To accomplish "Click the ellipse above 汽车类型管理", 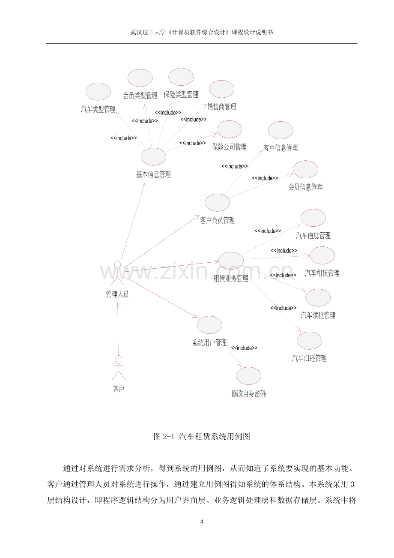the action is (x=98, y=92).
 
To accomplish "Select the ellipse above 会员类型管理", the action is (x=140, y=78).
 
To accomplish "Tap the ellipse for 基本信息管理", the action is (x=153, y=157).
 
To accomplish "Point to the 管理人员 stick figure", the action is (x=117, y=273).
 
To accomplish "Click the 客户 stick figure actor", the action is (x=119, y=367).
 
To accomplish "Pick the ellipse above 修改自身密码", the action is (x=248, y=376).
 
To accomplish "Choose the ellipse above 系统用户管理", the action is (x=209, y=325).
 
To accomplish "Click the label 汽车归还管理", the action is (x=309, y=358).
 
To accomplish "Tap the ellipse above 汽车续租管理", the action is (x=318, y=298).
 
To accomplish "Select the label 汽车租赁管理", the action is (x=322, y=273).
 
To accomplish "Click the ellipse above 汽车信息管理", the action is (x=313, y=218).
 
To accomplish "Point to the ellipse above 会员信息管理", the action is (x=305, y=169).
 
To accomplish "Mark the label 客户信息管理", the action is (x=281, y=148).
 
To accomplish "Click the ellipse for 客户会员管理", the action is (x=217, y=203).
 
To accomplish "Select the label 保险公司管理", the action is (x=229, y=147).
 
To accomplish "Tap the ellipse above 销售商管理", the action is (x=221, y=89).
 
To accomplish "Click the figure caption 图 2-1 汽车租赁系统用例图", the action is (x=202, y=436).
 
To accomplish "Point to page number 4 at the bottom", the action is (x=202, y=522).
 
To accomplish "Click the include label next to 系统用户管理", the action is (x=244, y=348).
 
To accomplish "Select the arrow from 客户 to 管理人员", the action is (x=118, y=329).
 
